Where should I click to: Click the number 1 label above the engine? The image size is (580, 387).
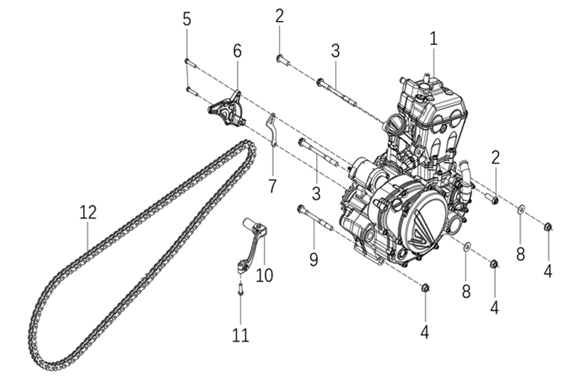[434, 38]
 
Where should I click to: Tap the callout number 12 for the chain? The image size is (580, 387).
[88, 212]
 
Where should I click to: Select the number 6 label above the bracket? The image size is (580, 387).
[237, 51]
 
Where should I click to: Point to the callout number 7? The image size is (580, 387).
[272, 186]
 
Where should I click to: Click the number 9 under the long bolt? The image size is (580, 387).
[313, 259]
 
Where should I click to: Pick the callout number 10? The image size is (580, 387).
[264, 276]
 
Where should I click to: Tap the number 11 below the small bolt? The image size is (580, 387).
[240, 335]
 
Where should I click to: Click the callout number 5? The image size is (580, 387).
[187, 20]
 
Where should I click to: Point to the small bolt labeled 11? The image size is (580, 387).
[240, 289]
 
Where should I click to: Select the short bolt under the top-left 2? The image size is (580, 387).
[282, 61]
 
